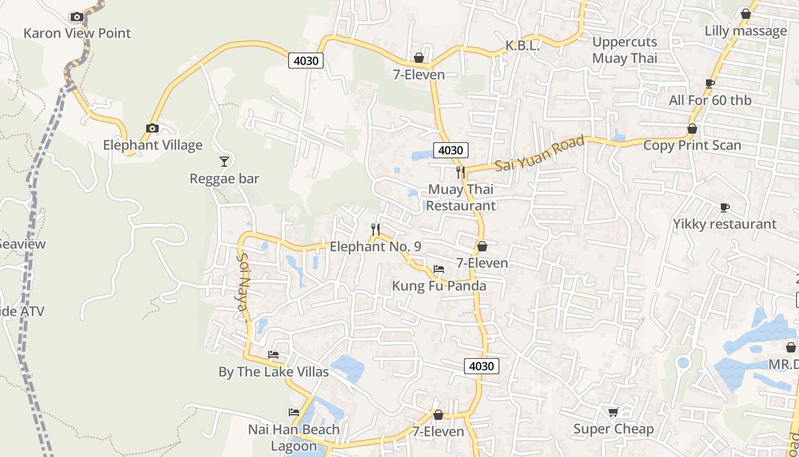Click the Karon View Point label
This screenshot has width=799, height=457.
(77, 33)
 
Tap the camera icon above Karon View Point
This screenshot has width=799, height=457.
(77, 17)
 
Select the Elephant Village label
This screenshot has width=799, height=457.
(152, 145)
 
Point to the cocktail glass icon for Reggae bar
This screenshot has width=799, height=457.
(224, 162)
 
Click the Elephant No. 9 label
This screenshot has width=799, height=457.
(376, 247)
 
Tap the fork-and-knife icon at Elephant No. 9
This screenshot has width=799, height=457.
(376, 230)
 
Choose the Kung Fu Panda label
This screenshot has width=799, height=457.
(439, 286)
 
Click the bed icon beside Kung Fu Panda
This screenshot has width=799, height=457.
(439, 268)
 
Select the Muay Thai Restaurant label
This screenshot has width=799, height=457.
(461, 197)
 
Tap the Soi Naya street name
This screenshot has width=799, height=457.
(243, 287)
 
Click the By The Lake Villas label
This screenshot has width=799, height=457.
(273, 372)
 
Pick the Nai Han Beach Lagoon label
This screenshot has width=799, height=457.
(294, 438)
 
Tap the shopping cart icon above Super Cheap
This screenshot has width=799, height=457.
(614, 412)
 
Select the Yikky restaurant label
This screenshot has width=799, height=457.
(725, 224)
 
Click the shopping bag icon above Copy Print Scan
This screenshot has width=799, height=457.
(692, 129)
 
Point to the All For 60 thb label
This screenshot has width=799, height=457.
(710, 101)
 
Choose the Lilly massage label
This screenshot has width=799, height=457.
(746, 31)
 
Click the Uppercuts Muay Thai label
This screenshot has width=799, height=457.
(625, 50)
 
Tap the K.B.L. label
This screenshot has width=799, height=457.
(523, 46)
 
